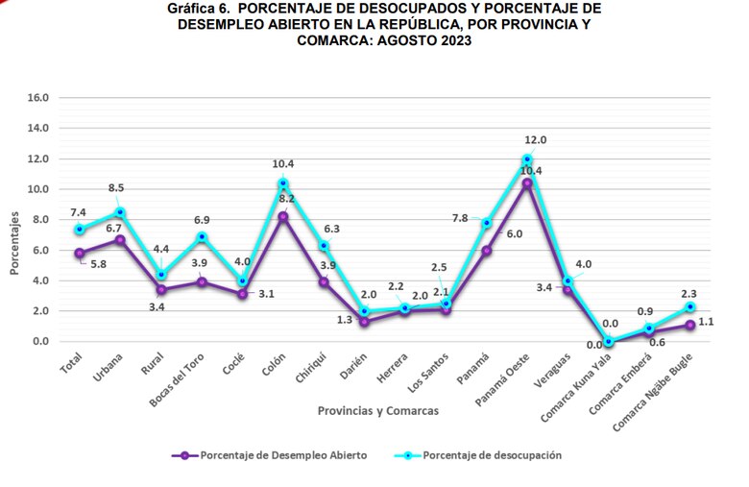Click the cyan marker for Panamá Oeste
[x=527, y=158]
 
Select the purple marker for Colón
[x=282, y=216]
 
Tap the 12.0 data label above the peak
[x=535, y=140]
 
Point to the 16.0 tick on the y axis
[x=38, y=97]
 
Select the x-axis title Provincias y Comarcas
[x=378, y=411]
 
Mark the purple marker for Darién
[x=364, y=322]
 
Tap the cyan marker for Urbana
[x=119, y=212]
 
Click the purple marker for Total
[x=79, y=254]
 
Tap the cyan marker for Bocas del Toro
[x=201, y=236]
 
